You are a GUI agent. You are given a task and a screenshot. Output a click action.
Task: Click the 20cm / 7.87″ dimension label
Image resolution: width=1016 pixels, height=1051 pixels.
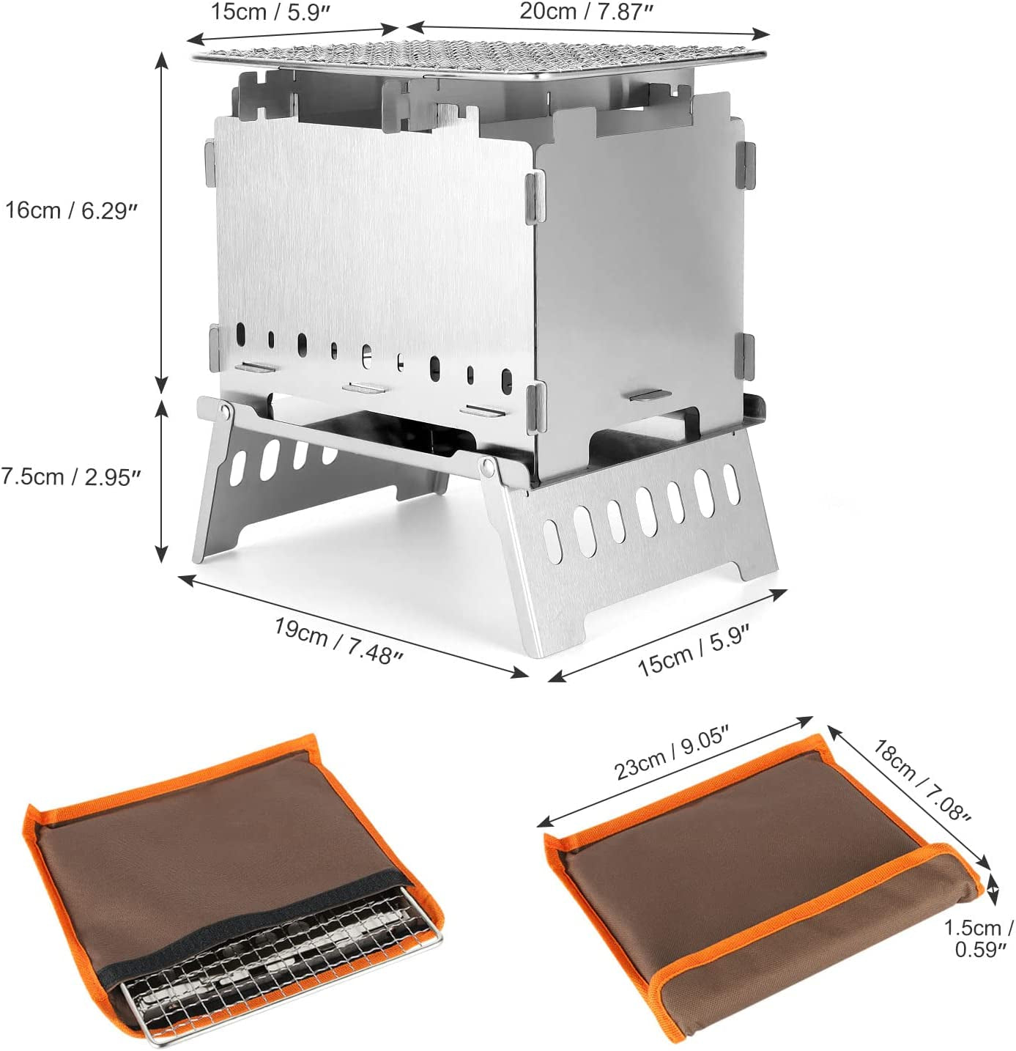(x=586, y=11)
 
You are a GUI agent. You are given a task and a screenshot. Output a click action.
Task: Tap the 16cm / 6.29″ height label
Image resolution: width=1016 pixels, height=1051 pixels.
(x=71, y=210)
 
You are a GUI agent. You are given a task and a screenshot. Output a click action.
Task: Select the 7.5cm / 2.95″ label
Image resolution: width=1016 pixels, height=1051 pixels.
(x=71, y=477)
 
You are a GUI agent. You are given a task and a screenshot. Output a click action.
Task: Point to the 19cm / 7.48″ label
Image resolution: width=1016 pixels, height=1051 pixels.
(x=339, y=641)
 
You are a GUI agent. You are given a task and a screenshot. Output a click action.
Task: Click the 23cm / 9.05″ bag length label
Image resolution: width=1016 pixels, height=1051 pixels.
(x=672, y=752)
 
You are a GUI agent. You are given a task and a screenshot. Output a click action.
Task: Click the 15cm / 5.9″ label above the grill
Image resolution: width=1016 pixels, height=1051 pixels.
(x=270, y=11)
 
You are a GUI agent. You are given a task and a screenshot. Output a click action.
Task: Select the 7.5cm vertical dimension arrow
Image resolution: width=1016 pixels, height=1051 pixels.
(x=161, y=481)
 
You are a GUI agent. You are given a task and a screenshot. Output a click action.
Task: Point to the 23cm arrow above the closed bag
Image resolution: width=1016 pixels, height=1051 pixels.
(x=675, y=771)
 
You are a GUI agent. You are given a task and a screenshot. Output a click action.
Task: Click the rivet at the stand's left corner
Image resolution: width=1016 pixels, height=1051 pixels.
(x=224, y=412)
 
